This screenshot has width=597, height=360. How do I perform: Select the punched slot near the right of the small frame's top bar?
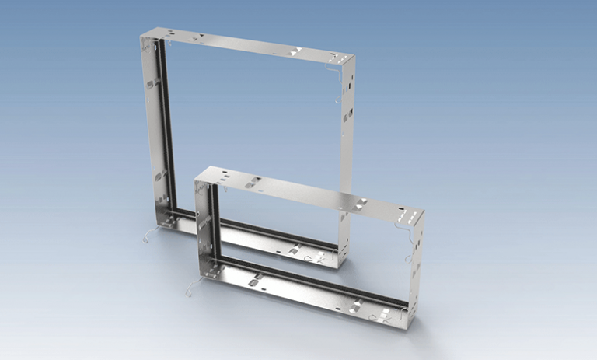coord(361,204)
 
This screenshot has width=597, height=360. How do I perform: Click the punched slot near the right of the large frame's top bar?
coord(294,51)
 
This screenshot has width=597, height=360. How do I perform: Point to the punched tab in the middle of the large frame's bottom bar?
coord(295,250)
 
